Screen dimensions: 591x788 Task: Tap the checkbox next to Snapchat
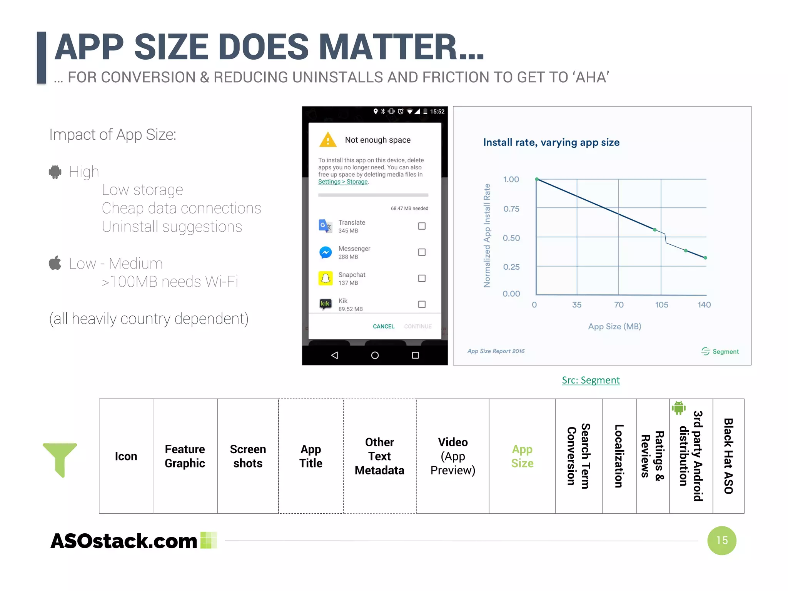pos(422,278)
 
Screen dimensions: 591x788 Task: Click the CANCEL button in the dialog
pos(383,326)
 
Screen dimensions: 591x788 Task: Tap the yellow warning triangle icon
pos(327,140)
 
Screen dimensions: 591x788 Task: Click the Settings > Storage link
pos(343,182)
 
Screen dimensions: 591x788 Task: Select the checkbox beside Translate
pos(422,226)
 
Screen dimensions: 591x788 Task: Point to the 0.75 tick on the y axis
pos(511,209)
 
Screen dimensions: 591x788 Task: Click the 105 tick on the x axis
pos(661,305)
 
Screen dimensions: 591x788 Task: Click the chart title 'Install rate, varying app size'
pos(551,142)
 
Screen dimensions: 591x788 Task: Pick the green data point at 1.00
pos(537,179)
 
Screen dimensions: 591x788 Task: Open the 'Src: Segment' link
pos(591,380)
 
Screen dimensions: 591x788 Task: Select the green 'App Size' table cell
pos(522,456)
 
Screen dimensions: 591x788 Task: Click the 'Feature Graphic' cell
pos(185,456)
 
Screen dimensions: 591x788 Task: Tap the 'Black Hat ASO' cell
pos(728,456)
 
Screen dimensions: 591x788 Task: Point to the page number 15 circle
pos(721,541)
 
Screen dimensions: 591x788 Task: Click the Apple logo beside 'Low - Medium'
pos(55,263)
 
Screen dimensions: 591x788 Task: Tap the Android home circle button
pos(375,355)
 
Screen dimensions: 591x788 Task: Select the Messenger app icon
pos(326,252)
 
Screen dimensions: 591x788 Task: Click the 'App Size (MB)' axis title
pos(614,327)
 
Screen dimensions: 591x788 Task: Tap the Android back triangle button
pos(334,355)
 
